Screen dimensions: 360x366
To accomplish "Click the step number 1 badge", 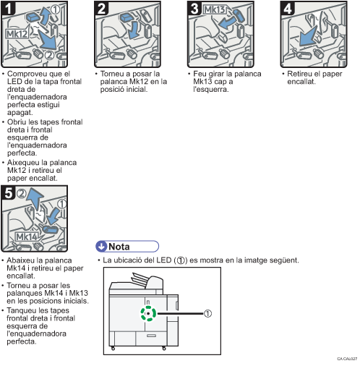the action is [x=8, y=9].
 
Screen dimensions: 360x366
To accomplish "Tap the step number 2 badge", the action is [x=101, y=9].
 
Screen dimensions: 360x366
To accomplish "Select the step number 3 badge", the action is [x=194, y=9].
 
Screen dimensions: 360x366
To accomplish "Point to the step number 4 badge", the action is [x=288, y=9].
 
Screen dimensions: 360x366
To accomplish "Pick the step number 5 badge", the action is [x=8, y=193].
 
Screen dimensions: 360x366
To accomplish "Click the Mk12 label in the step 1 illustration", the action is [x=17, y=34].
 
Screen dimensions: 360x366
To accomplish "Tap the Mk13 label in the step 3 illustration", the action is [x=215, y=9].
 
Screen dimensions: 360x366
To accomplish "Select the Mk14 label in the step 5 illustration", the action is [x=27, y=237].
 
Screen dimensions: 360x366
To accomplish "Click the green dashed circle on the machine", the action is [x=148, y=313].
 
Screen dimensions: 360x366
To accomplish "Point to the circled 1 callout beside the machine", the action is [x=207, y=314].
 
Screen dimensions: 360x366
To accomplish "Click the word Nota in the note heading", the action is [x=119, y=247].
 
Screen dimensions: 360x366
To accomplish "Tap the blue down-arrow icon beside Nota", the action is [x=101, y=247].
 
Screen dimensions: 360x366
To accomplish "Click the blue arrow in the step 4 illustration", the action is [x=308, y=36].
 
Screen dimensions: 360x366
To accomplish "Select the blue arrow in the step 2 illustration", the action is [x=133, y=30].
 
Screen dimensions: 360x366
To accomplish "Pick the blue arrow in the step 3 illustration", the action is [x=226, y=23].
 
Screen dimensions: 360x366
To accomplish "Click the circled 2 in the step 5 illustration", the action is [x=21, y=194].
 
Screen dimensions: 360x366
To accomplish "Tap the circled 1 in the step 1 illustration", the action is [x=55, y=9].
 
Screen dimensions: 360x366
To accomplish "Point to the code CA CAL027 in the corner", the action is [x=347, y=359].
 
